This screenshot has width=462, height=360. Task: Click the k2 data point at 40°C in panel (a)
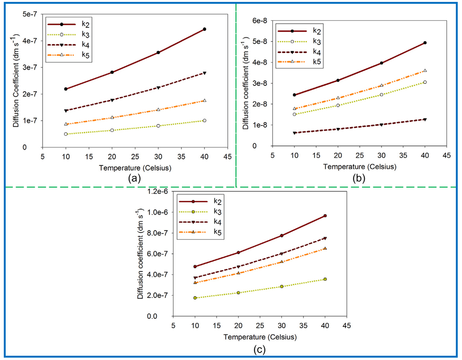204,29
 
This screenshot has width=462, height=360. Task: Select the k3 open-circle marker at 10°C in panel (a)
66,134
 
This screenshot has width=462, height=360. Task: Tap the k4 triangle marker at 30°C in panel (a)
158,88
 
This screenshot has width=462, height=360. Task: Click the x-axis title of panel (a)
135,167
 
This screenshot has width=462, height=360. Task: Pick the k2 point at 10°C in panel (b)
294,95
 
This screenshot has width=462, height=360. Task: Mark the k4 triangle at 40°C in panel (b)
425,119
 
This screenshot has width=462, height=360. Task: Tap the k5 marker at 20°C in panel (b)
338,98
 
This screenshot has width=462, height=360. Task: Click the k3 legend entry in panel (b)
315,42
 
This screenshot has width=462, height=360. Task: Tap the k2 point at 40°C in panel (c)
325,216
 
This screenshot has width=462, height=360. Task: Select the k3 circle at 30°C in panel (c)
281,287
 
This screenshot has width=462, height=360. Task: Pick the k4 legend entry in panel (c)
217,221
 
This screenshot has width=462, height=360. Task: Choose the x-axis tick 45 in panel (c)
346,327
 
